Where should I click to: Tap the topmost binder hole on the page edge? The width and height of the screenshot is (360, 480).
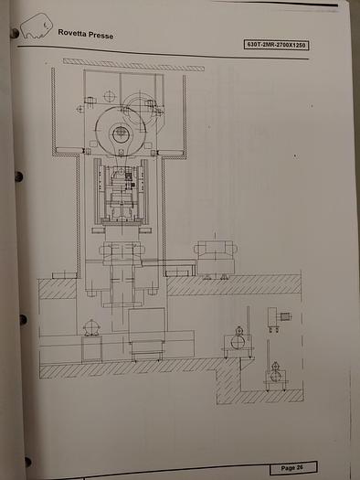[x=14, y=33]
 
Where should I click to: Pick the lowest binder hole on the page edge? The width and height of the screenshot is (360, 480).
[x=27, y=462]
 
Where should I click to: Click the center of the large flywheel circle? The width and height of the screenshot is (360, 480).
[x=121, y=133]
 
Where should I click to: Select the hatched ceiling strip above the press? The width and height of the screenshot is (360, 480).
[x=133, y=64]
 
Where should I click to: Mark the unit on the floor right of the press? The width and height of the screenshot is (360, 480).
[x=216, y=259]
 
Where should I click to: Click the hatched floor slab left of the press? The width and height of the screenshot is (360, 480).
[x=57, y=288]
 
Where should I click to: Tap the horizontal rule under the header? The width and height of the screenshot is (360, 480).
[x=183, y=55]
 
